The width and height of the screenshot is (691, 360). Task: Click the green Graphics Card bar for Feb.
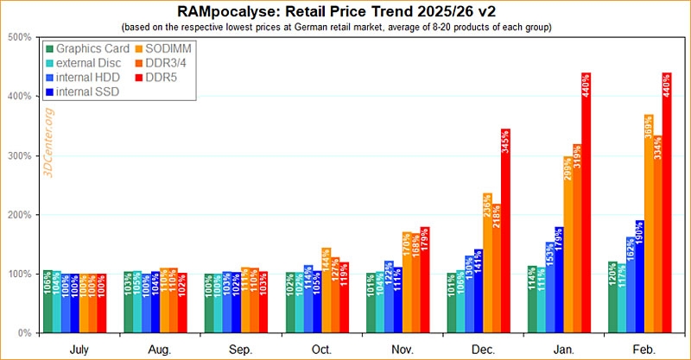[612, 297]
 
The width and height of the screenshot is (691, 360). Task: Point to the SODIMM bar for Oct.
[325, 290]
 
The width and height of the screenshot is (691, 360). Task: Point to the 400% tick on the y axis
[19, 97]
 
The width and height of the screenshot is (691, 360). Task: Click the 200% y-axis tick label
[19, 215]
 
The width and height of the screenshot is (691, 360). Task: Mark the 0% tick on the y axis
[23, 333]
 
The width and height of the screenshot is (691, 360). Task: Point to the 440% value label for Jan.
[586, 86]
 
